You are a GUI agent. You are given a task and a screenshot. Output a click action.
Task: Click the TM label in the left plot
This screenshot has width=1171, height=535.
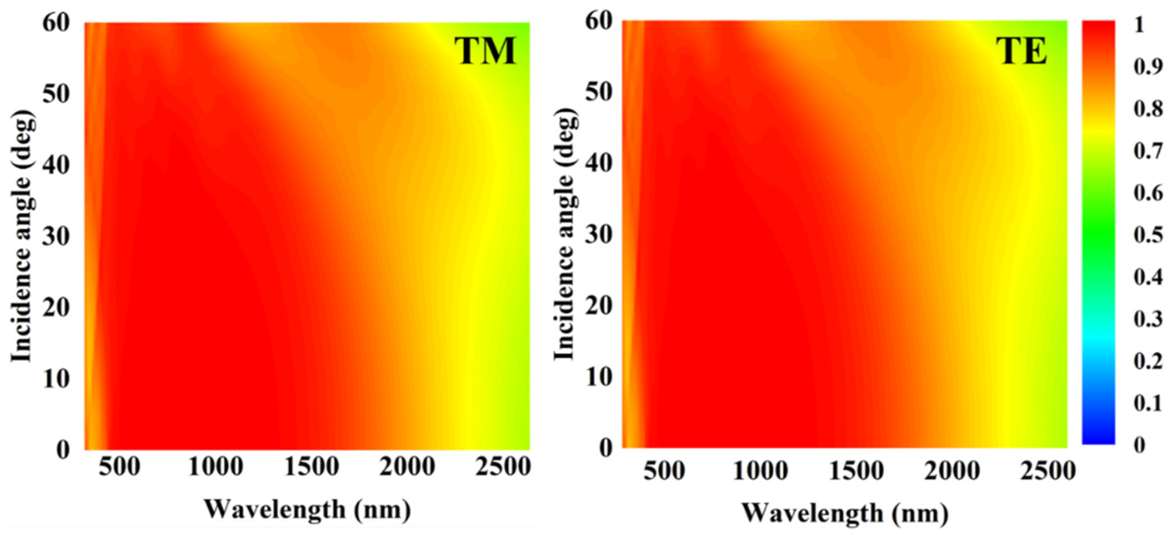coord(487,51)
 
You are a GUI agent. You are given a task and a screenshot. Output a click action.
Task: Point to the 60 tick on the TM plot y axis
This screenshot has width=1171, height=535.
coord(56,23)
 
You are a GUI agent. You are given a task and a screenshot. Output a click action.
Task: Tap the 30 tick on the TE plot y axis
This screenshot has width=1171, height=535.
coord(598,237)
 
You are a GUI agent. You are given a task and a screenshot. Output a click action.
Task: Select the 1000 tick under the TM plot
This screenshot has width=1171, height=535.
coord(215,467)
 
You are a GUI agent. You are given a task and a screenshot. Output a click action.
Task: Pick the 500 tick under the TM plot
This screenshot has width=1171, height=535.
coord(119,467)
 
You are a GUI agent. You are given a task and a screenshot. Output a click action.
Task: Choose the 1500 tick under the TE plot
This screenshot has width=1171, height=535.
coord(857,471)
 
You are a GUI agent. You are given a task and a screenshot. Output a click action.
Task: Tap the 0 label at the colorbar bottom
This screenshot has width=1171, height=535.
coord(1140,445)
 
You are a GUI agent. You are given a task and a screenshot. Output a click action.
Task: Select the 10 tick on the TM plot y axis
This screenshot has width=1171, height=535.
coord(56,379)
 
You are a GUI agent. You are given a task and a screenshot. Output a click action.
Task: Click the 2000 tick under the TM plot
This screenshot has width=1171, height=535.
coord(407,467)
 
